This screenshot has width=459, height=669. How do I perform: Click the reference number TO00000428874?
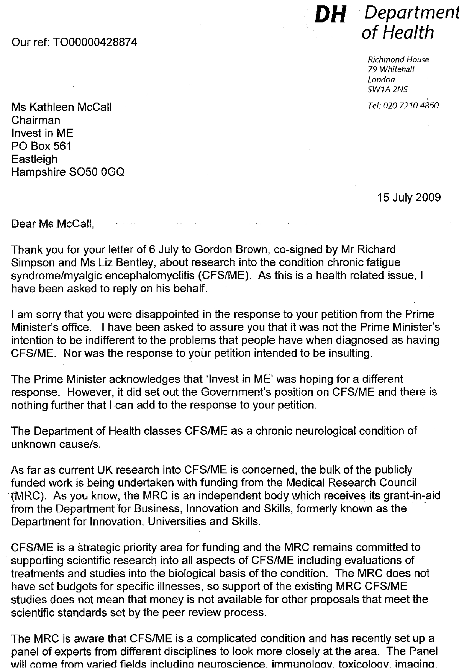coord(95,42)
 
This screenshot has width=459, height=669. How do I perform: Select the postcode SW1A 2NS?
coord(387,89)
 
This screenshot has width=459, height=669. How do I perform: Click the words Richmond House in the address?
coord(398,60)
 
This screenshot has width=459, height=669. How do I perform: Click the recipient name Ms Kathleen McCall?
coord(61,107)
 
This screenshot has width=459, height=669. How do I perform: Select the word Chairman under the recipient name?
coord(36,120)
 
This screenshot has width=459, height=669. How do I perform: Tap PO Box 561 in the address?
coord(41,146)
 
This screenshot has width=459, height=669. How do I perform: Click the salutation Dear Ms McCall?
coord(53,224)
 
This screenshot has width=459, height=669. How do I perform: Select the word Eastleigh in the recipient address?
coord(34,159)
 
